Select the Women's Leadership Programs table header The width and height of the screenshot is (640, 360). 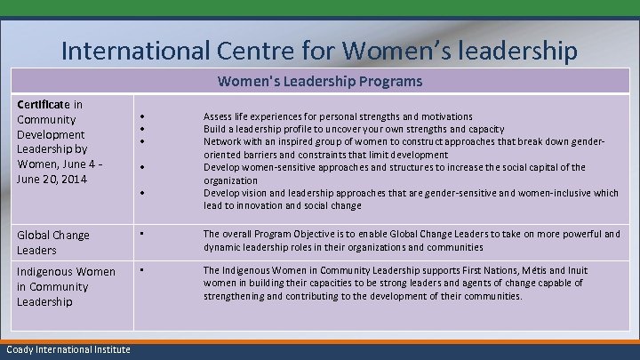pyautogui.click(x=320, y=82)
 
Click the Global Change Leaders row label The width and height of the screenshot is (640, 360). pyautogui.click(x=53, y=243)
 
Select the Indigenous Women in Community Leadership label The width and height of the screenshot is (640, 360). pyautogui.click(x=66, y=286)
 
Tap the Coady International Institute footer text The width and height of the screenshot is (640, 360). pyautogui.click(x=67, y=349)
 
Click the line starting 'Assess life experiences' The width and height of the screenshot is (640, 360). pyautogui.click(x=338, y=116)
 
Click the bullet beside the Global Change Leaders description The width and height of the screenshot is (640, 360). pyautogui.click(x=142, y=235)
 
